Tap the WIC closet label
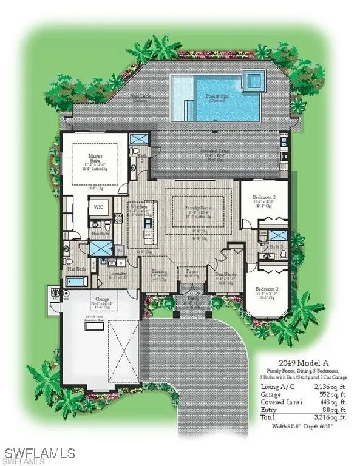coord(98,207)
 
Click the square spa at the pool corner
coord(254,78)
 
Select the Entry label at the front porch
coord(192,299)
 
